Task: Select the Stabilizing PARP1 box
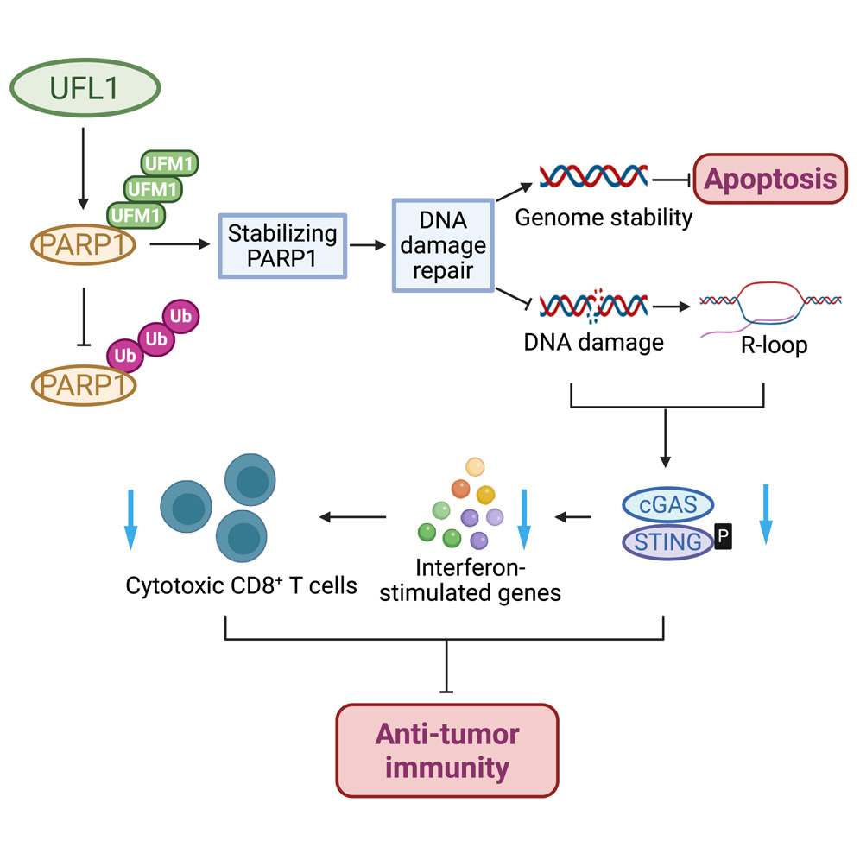click(281, 246)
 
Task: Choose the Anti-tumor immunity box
click(446, 749)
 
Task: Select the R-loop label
click(774, 346)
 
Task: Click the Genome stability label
click(604, 217)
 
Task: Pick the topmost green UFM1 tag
click(169, 162)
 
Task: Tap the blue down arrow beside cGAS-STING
click(765, 514)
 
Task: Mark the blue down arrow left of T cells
click(131, 518)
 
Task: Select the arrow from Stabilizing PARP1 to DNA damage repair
click(368, 245)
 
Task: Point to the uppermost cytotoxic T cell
click(250, 481)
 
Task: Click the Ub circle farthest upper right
click(180, 317)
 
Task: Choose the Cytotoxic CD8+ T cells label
click(241, 586)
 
